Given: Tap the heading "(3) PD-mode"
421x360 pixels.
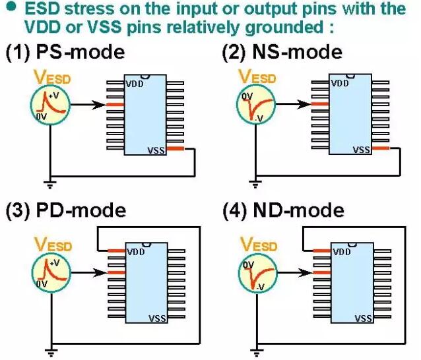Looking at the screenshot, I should point(65,211).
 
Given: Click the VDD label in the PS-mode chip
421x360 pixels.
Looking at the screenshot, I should point(135,83).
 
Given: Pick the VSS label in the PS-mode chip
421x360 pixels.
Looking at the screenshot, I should point(157,151).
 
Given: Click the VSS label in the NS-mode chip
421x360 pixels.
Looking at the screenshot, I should point(362,150).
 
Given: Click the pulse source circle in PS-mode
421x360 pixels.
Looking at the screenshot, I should point(49,105).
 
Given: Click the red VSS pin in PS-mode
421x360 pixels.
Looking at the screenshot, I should point(176,150).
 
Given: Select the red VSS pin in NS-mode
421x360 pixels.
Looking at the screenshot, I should point(381,150).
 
